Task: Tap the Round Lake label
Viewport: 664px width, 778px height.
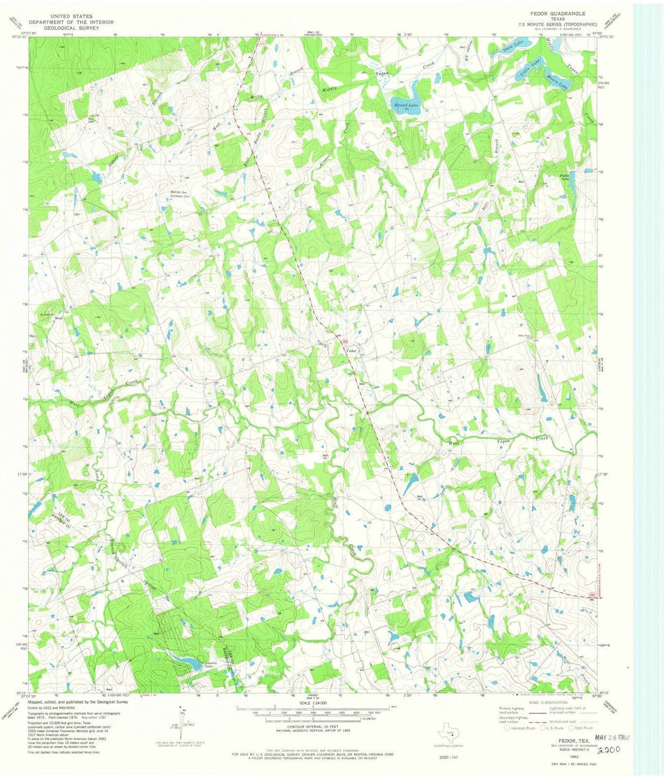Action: [405, 106]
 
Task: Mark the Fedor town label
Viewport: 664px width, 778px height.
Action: [352, 350]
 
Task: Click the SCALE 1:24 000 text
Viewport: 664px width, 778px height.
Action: [313, 703]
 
